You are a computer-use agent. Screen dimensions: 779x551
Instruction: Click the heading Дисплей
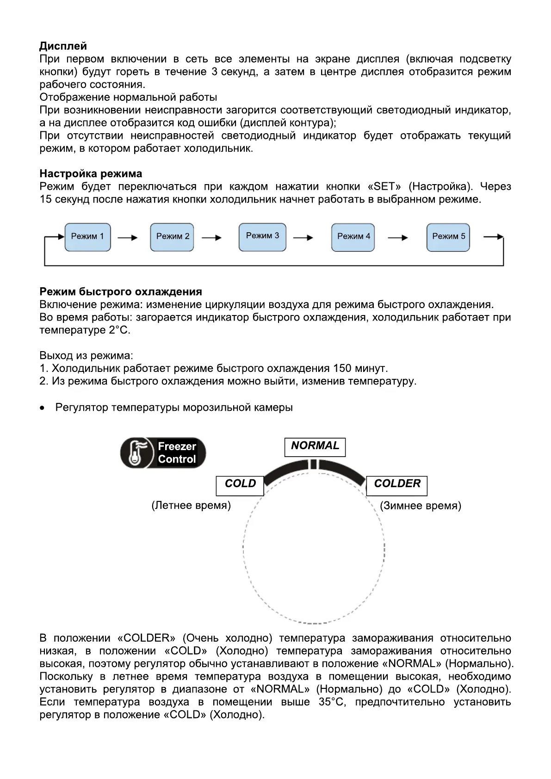(63, 46)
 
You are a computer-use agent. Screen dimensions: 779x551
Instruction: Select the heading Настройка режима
(91, 174)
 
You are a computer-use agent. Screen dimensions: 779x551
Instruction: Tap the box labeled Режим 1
(87, 237)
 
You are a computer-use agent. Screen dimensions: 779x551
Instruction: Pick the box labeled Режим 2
(173, 237)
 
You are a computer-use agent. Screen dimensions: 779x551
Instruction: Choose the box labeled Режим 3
(262, 236)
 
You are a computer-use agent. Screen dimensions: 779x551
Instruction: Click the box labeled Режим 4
(353, 237)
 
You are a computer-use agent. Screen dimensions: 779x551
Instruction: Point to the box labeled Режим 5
(448, 237)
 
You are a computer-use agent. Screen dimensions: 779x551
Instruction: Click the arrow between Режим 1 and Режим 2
(128, 238)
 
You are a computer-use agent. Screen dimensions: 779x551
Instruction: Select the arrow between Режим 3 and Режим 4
(303, 238)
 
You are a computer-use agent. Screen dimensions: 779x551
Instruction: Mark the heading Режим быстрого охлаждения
(121, 292)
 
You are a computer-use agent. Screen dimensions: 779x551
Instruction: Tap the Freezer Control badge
(163, 453)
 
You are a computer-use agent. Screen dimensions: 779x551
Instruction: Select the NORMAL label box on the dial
(315, 446)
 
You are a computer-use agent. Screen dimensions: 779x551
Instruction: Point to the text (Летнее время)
(191, 506)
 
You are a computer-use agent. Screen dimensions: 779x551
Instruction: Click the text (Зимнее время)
(421, 506)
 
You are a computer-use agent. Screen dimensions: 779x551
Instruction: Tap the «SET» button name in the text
(384, 187)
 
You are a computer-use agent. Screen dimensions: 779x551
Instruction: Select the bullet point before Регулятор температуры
(43, 408)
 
